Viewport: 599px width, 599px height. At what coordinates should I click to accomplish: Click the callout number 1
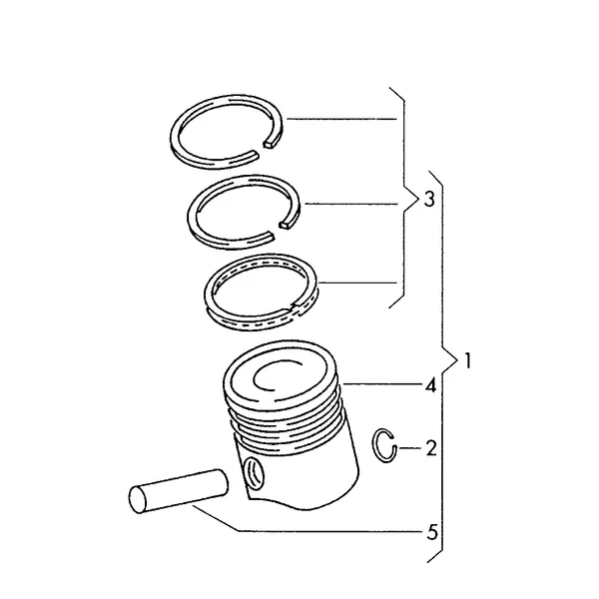pos(467,360)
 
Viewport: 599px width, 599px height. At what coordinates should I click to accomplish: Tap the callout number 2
pos(431,448)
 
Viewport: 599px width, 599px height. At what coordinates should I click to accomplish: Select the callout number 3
pos(429,199)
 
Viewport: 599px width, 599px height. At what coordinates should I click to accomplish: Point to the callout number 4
pos(430,385)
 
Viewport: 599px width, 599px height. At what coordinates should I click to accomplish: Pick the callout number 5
pos(432,532)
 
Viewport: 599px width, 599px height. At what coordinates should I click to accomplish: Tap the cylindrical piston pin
pos(179,491)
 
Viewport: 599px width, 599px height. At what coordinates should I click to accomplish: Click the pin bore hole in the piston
pos(254,472)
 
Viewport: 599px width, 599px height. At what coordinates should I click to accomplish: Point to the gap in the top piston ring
pos(262,148)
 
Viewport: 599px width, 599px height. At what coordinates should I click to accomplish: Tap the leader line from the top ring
pos(341,120)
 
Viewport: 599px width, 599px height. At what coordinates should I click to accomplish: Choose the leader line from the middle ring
pos(351,204)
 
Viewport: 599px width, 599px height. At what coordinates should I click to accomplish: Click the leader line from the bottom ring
pos(357,284)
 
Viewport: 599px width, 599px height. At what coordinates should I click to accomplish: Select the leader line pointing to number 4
pos(382,383)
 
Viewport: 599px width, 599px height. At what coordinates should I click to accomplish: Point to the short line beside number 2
pos(410,447)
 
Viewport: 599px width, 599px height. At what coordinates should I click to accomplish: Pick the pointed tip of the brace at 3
pos(418,200)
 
